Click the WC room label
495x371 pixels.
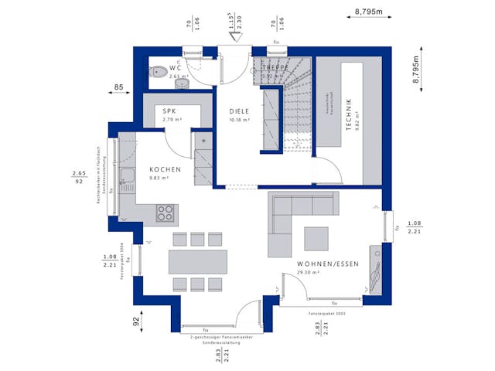[x=175, y=68]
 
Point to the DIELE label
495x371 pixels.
[x=240, y=111]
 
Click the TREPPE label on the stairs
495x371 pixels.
[x=274, y=67]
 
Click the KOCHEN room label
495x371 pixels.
[x=166, y=169]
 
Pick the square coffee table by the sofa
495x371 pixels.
[x=316, y=237]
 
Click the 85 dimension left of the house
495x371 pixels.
[x=119, y=87]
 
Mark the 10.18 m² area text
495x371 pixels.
[x=240, y=120]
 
